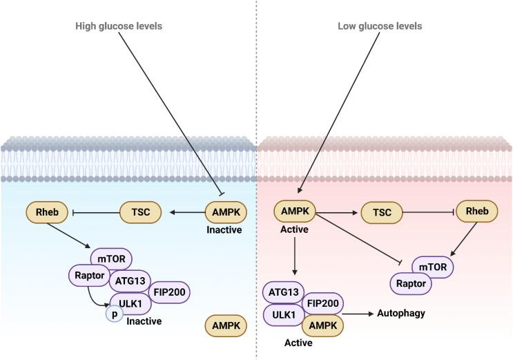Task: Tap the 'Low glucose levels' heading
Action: pos(380,26)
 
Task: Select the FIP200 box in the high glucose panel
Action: pos(166,291)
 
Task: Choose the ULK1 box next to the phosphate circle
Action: pos(130,301)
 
